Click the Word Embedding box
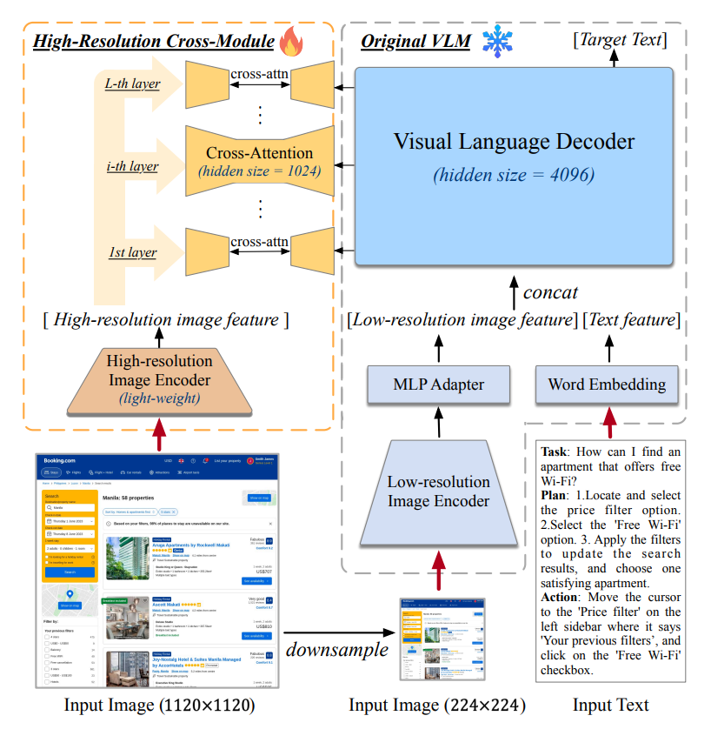[607, 384]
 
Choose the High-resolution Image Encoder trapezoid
[158, 379]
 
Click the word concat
[550, 292]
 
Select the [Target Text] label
[620, 39]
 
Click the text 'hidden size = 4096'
[514, 174]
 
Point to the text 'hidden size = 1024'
[260, 171]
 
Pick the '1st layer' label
[132, 252]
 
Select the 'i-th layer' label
[131, 165]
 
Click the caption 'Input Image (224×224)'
[437, 706]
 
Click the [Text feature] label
[632, 320]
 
